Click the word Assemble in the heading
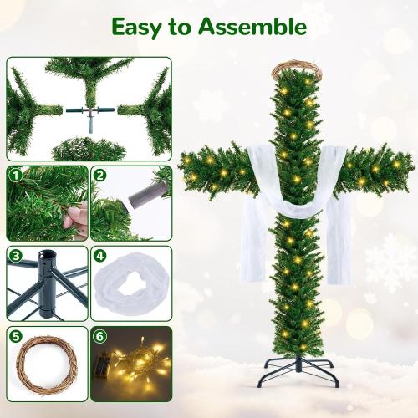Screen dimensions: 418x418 click(252, 27)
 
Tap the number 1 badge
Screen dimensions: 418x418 click(15, 176)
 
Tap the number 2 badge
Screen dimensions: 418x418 click(99, 176)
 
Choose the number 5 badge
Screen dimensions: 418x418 click(15, 336)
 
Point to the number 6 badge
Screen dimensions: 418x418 click(99, 336)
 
